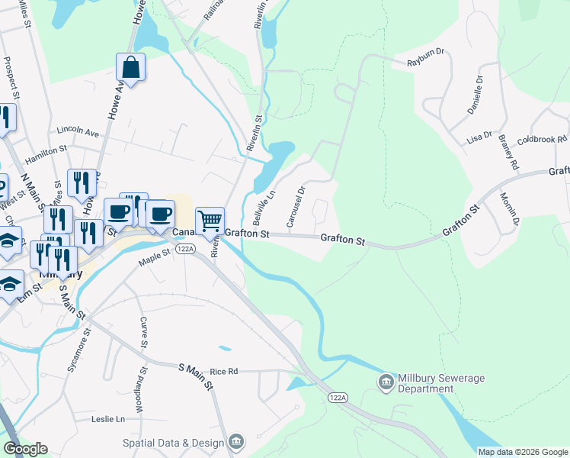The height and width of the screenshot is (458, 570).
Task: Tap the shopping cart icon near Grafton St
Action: point(210,221)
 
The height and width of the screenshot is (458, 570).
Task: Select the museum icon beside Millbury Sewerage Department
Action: point(386,380)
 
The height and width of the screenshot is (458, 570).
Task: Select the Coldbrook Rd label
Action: point(543,140)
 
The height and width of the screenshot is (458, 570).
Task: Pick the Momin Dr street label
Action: point(510,210)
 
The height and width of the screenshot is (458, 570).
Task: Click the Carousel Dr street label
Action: point(296,206)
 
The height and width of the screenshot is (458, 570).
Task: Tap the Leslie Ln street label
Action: point(107,419)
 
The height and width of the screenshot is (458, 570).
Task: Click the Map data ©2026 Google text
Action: point(522,452)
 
